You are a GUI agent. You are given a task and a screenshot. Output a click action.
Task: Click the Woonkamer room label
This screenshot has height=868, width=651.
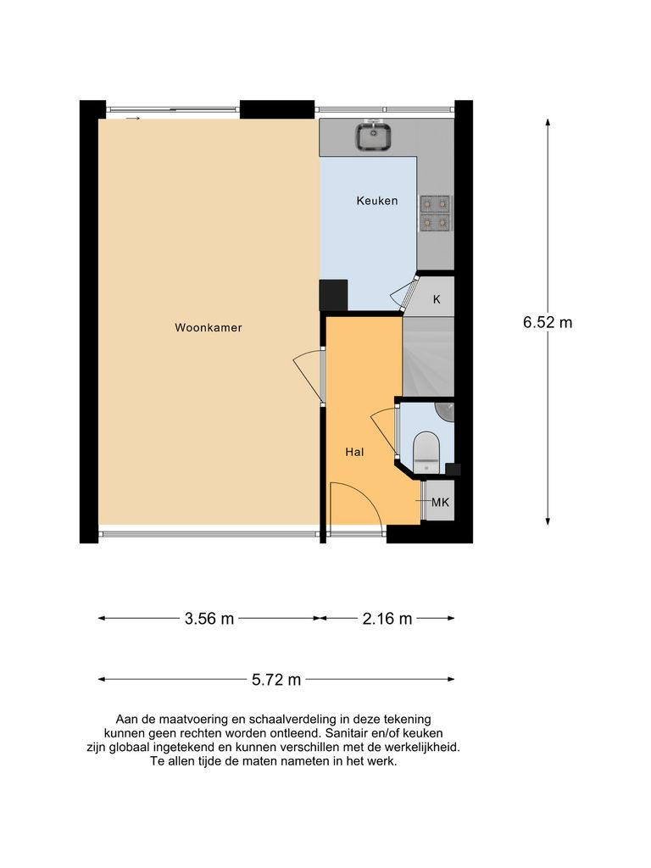(x=209, y=327)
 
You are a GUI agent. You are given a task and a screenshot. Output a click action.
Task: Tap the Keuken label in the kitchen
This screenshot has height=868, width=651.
(x=376, y=201)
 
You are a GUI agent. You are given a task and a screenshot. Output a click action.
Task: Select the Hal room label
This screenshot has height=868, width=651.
(x=354, y=453)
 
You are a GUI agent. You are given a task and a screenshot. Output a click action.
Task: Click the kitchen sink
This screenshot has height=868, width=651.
(x=371, y=136)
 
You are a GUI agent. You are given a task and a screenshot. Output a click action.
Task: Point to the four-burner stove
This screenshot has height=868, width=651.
(x=436, y=213)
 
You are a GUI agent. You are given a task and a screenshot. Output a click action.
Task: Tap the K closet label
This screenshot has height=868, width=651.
(x=437, y=299)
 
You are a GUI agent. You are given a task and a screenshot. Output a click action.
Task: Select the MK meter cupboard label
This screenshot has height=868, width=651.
(x=440, y=503)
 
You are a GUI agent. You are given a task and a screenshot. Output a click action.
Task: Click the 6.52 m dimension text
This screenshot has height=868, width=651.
(x=547, y=322)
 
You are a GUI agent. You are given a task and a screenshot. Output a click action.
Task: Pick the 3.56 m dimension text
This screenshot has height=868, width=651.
(x=209, y=619)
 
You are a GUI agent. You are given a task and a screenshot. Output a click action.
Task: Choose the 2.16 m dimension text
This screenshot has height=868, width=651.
(x=387, y=619)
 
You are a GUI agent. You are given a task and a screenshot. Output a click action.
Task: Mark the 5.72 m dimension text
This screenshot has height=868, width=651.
(x=276, y=679)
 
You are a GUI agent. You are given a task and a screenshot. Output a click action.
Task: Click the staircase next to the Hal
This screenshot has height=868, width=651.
(x=427, y=355)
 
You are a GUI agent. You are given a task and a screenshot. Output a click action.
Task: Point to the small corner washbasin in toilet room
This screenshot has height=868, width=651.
(x=446, y=410)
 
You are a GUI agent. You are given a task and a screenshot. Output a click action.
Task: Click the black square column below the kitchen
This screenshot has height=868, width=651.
(x=333, y=295)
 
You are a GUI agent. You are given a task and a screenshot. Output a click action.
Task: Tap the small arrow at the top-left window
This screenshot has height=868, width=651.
(x=132, y=120)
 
